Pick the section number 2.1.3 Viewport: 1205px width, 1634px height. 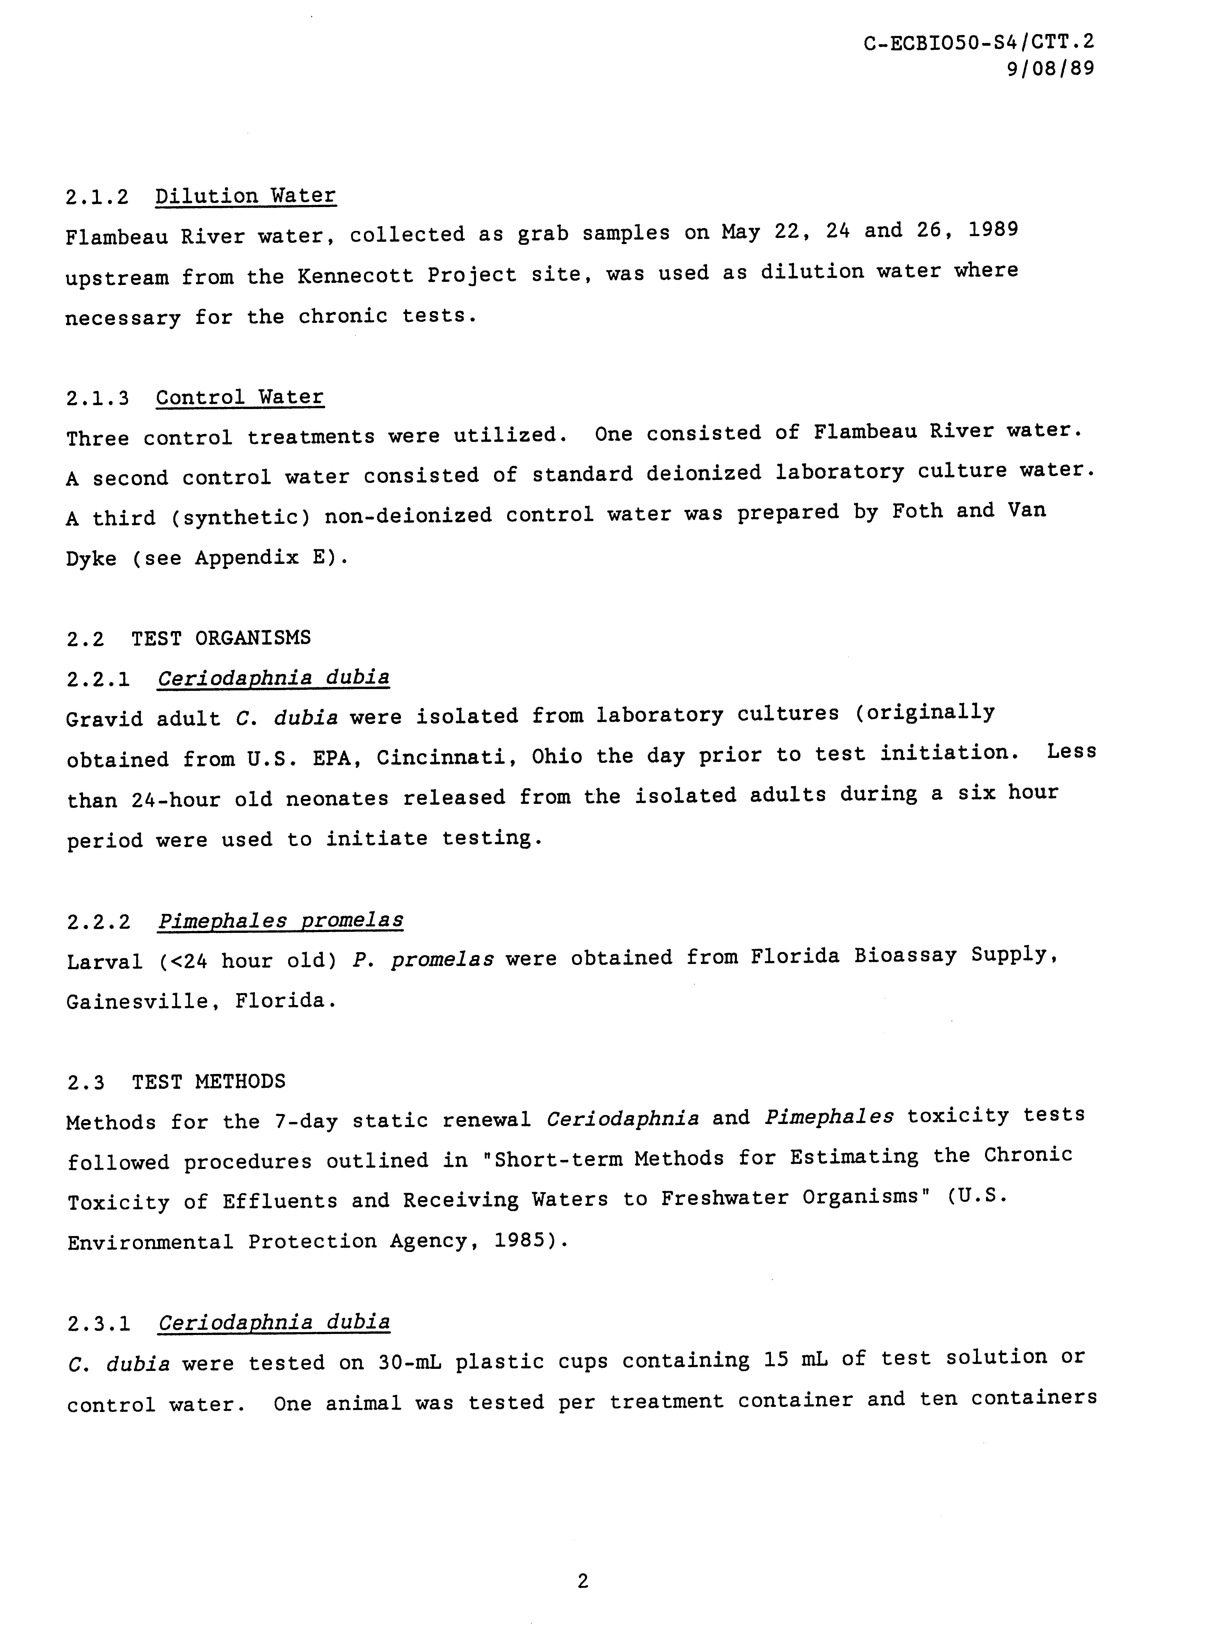(x=98, y=399)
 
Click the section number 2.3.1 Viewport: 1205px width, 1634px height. (x=98, y=1323)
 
